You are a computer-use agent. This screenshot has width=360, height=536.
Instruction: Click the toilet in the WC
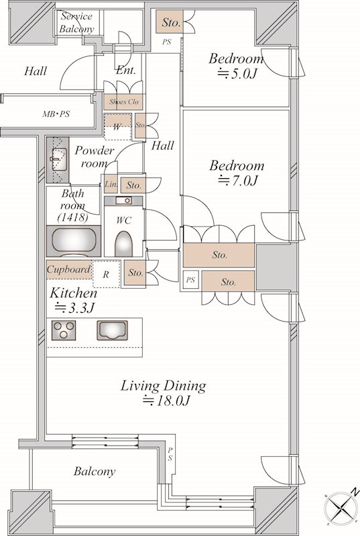[123, 243]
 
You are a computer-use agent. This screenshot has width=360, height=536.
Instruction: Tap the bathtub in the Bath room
[74, 241]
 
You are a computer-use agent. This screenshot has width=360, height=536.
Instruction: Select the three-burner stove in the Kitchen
[64, 330]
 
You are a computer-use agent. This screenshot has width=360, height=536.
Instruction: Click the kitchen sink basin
[112, 330]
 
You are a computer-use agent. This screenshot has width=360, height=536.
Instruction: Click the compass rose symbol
[342, 507]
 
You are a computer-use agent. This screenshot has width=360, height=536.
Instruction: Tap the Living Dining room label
[164, 393]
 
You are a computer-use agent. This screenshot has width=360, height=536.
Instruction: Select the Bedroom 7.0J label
[237, 173]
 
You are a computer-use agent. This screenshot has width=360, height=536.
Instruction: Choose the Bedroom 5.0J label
[236, 66]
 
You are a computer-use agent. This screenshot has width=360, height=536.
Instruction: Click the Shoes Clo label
[124, 102]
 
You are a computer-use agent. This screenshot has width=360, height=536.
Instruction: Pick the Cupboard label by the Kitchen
[69, 269]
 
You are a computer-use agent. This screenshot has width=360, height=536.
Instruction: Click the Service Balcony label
[76, 23]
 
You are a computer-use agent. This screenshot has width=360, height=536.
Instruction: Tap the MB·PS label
[56, 114]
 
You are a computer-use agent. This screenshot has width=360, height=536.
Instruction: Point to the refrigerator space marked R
[106, 274]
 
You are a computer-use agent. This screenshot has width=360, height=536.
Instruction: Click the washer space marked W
[117, 127]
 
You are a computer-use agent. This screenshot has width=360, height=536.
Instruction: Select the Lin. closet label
[111, 184]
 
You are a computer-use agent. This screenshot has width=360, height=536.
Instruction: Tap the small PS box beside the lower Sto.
[190, 280]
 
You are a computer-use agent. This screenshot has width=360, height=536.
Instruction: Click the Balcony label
[95, 472]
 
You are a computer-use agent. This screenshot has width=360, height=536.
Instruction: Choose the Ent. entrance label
[126, 70]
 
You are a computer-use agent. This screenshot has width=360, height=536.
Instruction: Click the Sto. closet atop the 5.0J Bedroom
[170, 22]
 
